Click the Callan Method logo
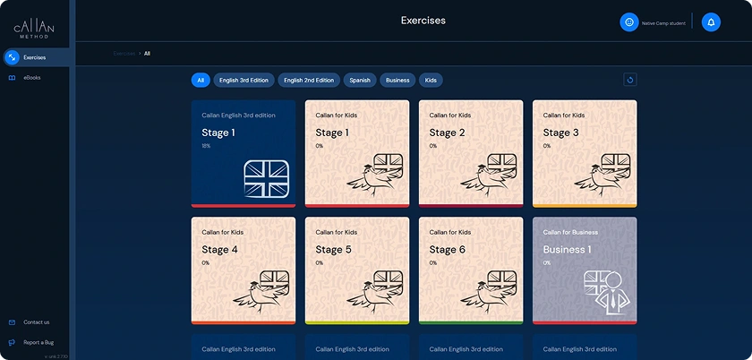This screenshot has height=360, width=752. click(x=34, y=30)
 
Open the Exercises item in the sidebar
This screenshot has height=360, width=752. click(x=34, y=57)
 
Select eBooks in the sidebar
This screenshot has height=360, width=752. click(x=31, y=78)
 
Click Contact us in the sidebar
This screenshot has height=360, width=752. click(x=36, y=322)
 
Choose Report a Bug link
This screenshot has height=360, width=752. click(x=38, y=342)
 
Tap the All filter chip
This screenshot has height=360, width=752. click(x=201, y=81)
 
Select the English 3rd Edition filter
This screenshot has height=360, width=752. click(x=244, y=81)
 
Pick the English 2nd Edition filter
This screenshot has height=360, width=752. click(x=309, y=81)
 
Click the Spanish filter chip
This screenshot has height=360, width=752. click(x=360, y=81)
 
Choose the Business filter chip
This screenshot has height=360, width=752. click(x=397, y=81)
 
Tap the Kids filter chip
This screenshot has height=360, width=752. click(x=431, y=81)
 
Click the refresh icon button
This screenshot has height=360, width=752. click(x=630, y=81)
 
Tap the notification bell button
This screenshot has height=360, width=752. click(x=711, y=22)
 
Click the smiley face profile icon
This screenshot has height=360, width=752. click(x=629, y=22)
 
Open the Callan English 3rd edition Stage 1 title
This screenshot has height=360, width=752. click(x=218, y=133)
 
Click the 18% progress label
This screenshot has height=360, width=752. click(x=206, y=146)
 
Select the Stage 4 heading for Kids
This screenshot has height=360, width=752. click(x=219, y=250)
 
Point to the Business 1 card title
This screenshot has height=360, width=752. click(x=567, y=250)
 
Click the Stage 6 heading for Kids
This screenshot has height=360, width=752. click(x=447, y=250)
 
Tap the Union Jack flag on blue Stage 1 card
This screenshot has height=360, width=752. click(x=266, y=178)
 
